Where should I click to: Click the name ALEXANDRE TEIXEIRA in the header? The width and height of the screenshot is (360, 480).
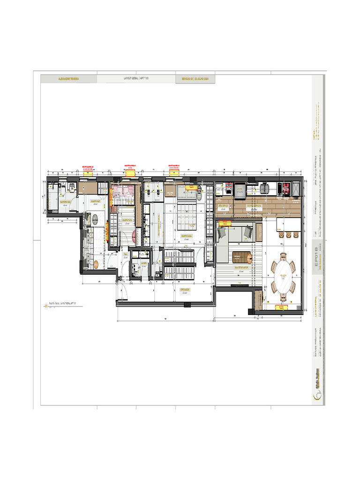[68, 79]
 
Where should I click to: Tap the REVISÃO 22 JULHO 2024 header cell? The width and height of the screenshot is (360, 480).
[195, 79]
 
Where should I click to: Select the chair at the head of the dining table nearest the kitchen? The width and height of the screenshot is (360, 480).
[283, 256]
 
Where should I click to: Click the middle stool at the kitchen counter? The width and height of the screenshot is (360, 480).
[289, 234]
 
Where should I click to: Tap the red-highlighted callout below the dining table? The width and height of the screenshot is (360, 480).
[282, 307]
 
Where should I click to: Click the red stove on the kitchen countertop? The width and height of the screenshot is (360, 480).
[285, 188]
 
